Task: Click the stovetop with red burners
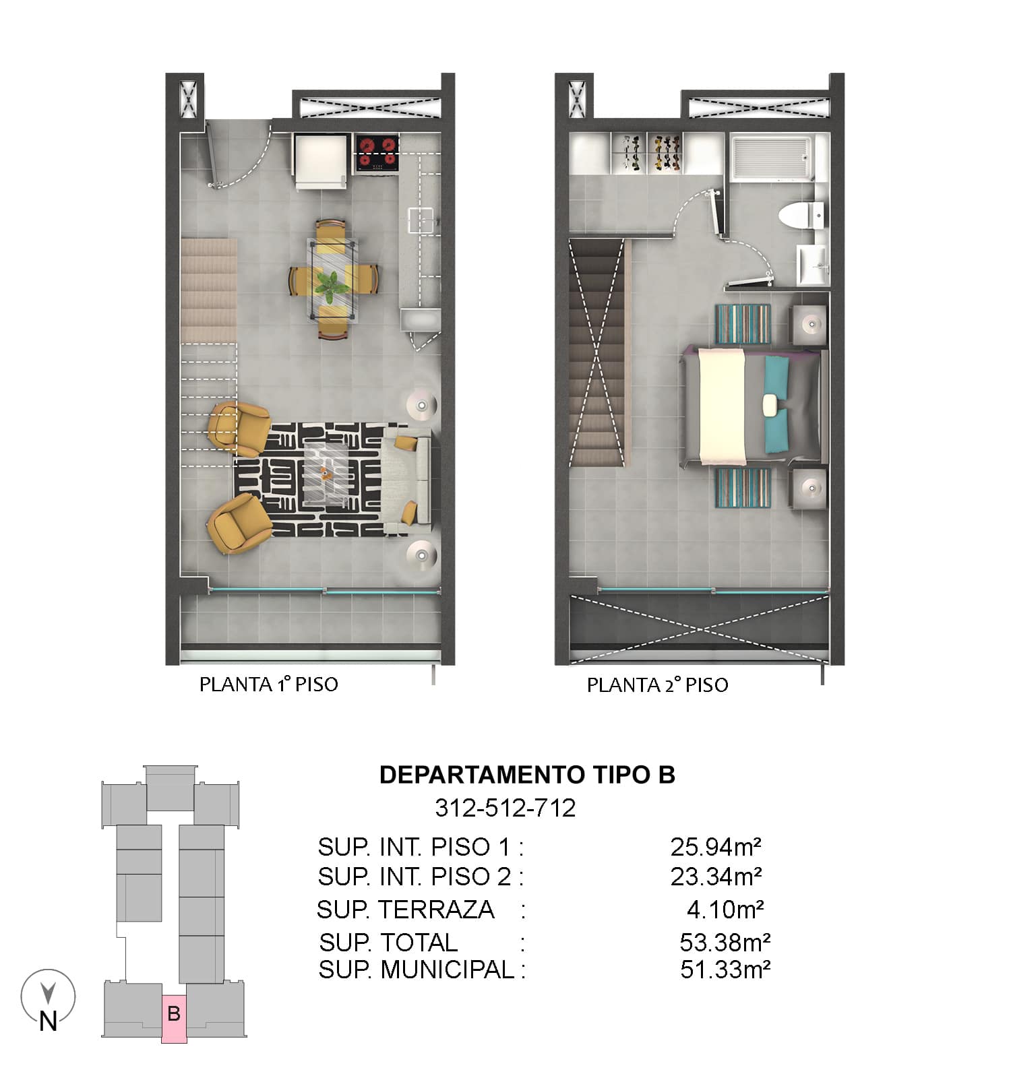point(376,153)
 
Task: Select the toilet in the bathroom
point(801,215)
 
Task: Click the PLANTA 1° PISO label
point(268,685)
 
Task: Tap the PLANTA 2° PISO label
point(657,685)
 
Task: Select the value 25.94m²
point(716,846)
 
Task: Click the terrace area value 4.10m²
point(725,910)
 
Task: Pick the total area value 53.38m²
point(725,941)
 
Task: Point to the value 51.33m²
point(725,970)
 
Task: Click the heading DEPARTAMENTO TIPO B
point(527,775)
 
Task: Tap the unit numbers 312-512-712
point(506,807)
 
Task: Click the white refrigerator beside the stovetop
point(321,160)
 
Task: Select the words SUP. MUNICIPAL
point(417,970)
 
